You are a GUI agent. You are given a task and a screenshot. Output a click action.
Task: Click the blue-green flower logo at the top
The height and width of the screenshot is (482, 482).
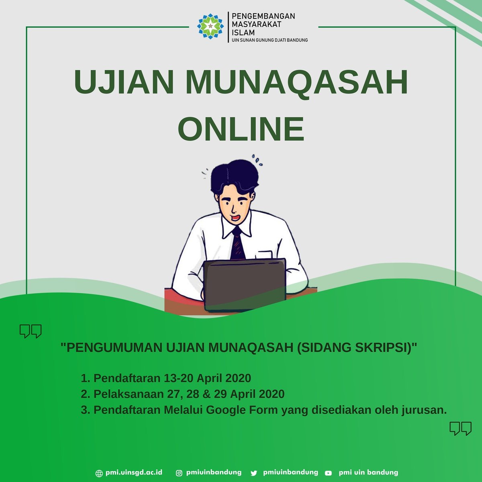tap(210, 26)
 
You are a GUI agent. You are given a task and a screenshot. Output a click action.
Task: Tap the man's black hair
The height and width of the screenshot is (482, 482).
tap(235, 177)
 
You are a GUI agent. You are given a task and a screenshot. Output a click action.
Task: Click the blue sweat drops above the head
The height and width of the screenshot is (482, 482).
tap(257, 160)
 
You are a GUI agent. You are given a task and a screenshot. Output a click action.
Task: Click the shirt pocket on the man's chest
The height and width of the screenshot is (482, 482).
tap(265, 255)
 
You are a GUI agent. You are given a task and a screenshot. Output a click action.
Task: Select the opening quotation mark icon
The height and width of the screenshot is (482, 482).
tap(31, 331)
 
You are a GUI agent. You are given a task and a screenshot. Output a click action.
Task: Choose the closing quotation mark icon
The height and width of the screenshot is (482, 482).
tap(460, 429)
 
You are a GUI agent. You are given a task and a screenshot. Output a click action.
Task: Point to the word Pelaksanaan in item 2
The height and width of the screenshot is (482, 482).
tap(129, 394)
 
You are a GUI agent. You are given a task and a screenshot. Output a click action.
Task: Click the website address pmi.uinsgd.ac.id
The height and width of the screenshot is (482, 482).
tap(134, 473)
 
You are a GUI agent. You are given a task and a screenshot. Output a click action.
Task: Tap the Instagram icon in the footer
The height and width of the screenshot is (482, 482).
tap(179, 473)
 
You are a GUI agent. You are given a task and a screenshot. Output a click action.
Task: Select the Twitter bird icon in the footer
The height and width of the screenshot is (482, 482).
tap(253, 473)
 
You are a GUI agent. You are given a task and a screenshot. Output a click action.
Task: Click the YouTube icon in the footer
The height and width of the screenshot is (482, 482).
tap(329, 473)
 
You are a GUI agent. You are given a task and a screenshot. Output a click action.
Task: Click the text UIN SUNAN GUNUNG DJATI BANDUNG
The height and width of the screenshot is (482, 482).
tap(270, 40)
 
